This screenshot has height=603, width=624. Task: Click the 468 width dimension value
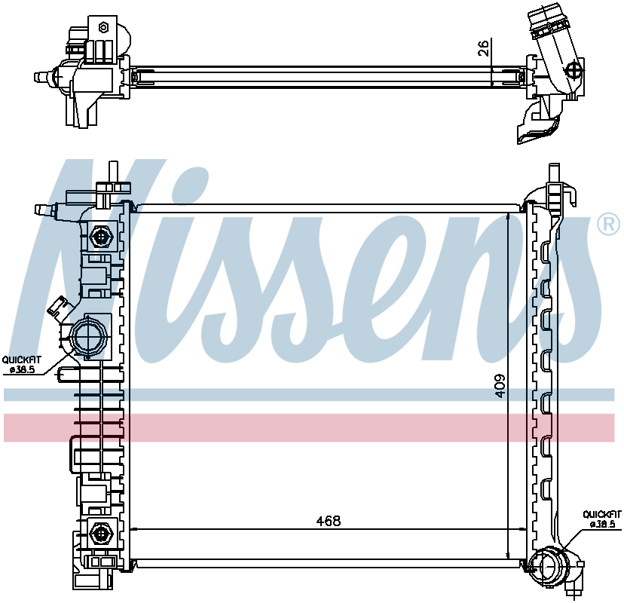(329, 521)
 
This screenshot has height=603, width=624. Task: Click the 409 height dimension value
(500, 385)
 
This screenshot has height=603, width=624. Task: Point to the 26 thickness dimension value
(483, 48)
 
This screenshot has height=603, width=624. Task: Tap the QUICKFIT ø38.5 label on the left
(22, 365)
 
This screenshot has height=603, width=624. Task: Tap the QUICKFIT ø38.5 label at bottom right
(601, 519)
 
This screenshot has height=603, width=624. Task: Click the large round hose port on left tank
(88, 337)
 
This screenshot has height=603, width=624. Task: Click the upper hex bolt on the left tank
(102, 237)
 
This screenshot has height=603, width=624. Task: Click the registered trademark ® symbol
(609, 225)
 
